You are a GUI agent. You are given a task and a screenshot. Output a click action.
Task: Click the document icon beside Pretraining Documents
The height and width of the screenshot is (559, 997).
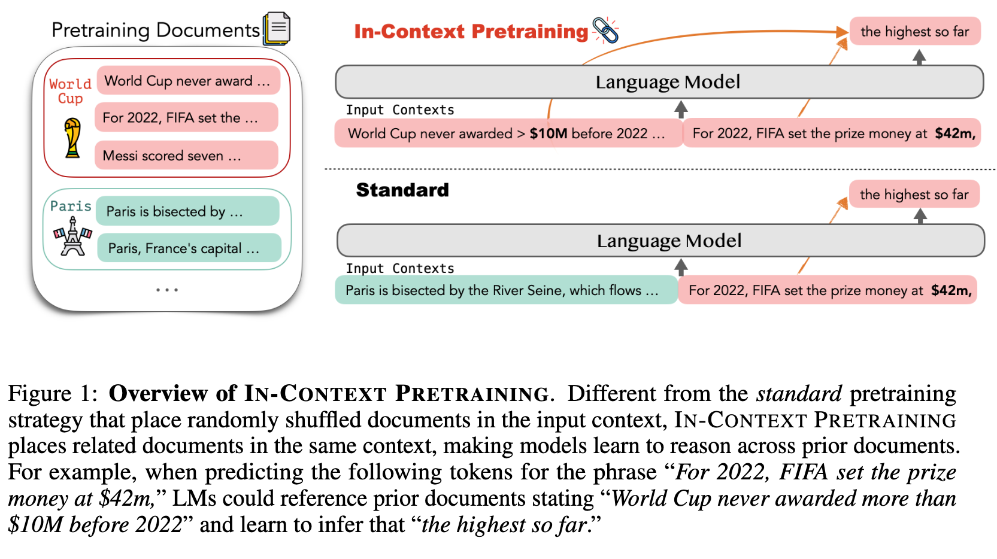click(277, 28)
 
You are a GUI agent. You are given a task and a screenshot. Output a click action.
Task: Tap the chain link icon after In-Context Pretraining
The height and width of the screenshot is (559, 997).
click(605, 30)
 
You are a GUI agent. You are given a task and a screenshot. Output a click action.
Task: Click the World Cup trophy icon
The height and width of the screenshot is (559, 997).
click(72, 138)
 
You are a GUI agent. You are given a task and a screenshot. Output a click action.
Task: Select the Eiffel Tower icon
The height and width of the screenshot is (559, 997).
click(72, 236)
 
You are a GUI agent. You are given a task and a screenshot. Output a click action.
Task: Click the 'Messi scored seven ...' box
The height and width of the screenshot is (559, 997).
click(186, 156)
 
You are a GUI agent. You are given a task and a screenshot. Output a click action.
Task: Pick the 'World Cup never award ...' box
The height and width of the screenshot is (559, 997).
click(188, 81)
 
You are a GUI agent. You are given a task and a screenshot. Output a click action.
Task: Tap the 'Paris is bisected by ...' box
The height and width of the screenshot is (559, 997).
click(187, 211)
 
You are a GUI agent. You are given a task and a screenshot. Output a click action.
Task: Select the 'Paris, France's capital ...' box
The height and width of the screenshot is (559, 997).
click(189, 248)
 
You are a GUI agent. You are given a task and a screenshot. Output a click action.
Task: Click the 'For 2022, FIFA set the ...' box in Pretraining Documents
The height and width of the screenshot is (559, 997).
click(186, 117)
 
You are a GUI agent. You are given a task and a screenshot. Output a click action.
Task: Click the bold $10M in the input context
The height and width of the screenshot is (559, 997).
click(548, 133)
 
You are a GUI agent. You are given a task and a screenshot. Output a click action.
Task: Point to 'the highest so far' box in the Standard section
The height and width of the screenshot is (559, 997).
click(914, 195)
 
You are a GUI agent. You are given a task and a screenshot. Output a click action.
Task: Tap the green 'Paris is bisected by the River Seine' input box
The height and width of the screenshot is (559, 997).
click(506, 290)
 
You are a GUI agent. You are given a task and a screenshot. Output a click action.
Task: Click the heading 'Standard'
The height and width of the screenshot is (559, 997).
click(402, 190)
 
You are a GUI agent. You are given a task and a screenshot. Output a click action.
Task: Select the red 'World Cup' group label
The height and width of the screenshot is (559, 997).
click(70, 91)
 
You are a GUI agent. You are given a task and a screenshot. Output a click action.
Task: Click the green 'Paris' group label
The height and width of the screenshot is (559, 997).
click(71, 206)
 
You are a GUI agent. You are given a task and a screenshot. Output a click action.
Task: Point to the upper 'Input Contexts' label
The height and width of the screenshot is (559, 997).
click(400, 110)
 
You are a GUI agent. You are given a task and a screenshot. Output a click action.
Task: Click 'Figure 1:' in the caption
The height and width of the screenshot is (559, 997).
click(53, 394)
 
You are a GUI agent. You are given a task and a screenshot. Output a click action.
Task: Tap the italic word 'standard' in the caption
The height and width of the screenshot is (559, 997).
click(799, 394)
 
